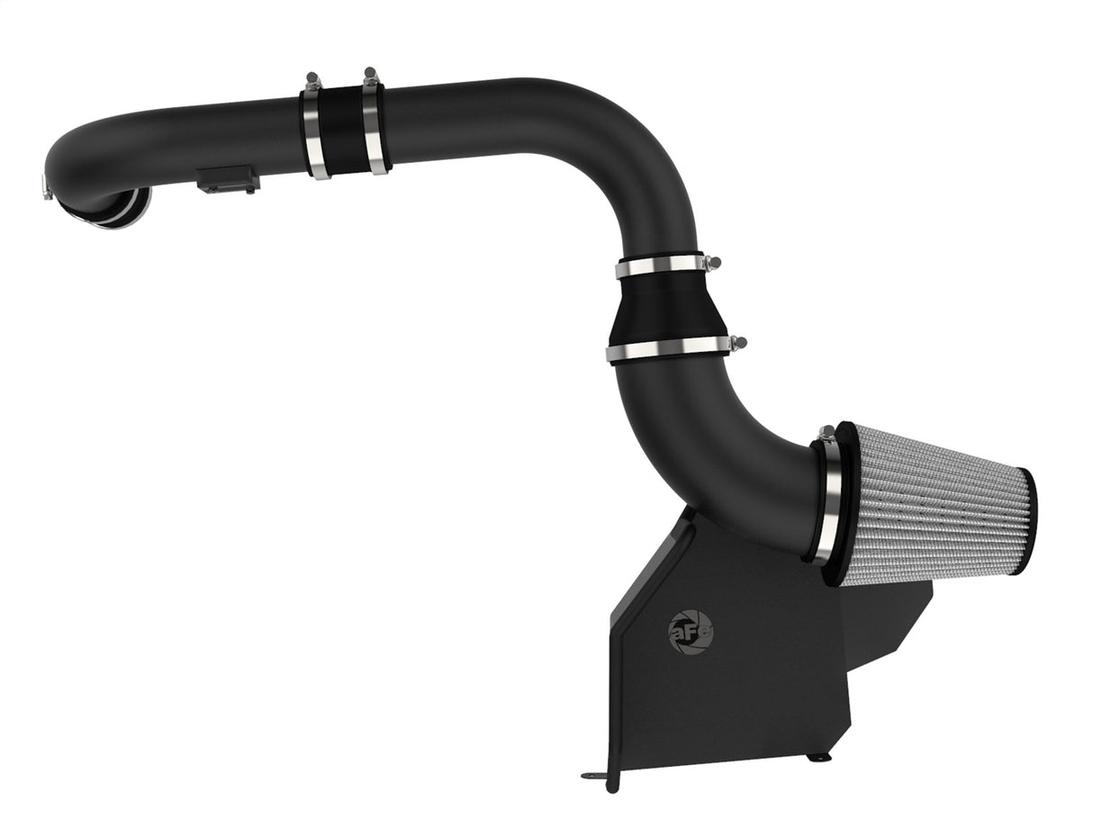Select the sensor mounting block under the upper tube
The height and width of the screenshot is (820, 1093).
(228, 180)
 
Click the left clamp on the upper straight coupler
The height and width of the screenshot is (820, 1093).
(314, 131)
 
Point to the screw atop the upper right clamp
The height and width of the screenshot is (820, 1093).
(370, 74)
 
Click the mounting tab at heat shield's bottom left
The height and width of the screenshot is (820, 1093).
(594, 775)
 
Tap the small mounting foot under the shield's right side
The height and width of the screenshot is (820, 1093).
(818, 757)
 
